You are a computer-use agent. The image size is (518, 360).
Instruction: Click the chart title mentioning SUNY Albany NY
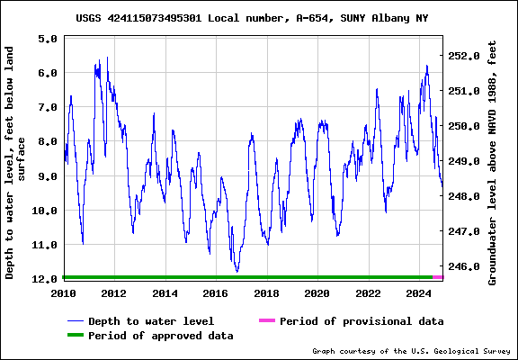tap(252, 18)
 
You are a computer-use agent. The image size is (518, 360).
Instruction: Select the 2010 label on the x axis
tap(64, 293)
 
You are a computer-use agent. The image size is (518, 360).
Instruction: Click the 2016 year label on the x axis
tap(216, 293)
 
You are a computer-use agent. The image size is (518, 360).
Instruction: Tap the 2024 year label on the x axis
tap(418, 293)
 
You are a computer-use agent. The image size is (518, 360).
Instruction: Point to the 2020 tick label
tap(317, 293)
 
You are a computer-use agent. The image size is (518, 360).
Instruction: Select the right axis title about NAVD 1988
tap(493, 162)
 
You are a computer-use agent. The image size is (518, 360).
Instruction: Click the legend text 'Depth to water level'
tap(151, 321)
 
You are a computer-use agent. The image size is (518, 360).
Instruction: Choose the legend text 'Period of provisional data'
tap(362, 321)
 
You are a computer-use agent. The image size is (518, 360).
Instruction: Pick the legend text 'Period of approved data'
tap(161, 336)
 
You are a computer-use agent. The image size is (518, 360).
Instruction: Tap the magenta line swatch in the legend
tap(266, 321)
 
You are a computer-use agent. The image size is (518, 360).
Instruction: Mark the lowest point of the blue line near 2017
tap(237, 271)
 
